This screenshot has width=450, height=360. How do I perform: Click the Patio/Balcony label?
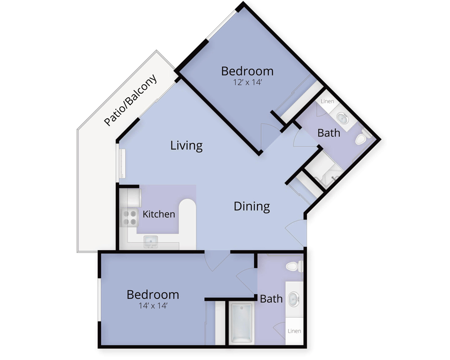pos(130,100)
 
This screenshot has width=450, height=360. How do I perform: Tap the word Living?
pos(187,145)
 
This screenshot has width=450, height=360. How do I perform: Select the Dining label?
pos(252,207)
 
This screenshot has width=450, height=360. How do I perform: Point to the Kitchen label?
pos(159,214)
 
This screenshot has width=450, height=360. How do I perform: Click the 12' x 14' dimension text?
pos(247,82)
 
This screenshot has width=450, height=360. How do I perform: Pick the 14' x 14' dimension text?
pos(153,306)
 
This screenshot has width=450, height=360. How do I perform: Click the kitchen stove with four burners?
pos(130,218)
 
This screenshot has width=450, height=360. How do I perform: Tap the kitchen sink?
pos(150,242)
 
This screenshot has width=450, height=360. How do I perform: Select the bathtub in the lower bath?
pos(242,323)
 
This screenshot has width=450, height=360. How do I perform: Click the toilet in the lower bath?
pos(295,266)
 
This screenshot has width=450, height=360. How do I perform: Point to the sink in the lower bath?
pos(294,299)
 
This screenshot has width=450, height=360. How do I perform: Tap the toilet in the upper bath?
pos(362,138)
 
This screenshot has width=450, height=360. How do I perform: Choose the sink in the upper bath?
pos(342,118)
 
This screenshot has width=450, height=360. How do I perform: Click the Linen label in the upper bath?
pos(328,101)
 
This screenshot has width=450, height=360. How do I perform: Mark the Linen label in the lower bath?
pos(294,331)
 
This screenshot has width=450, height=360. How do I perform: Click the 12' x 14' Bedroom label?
pos(247,71)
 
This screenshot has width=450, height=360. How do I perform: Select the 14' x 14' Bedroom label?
pos(153,295)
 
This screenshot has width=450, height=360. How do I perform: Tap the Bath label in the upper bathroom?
pos(328,133)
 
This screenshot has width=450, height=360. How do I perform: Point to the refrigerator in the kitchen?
pos(130,197)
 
